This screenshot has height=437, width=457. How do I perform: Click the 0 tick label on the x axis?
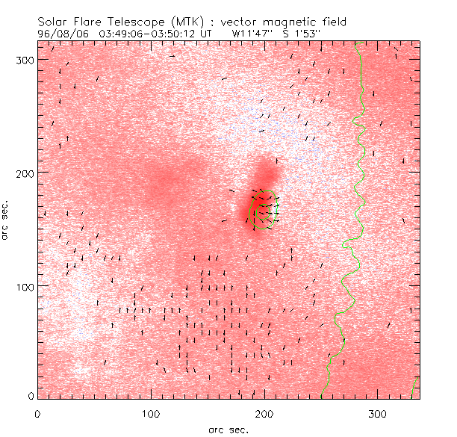(37, 412)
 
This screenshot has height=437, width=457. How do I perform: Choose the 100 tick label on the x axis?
(151, 412)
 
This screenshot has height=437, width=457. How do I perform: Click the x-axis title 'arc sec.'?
(228, 429)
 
